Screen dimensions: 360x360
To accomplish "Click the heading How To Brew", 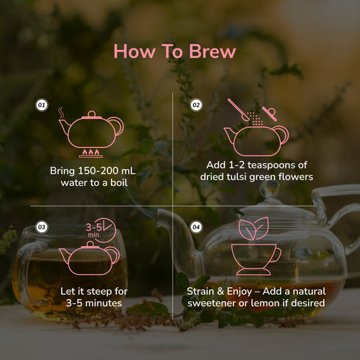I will tap(174, 51).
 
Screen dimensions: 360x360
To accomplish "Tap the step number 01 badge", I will tap(42, 106).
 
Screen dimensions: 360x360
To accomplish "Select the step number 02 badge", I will tap(196, 106).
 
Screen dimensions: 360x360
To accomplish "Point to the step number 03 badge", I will tap(42, 227).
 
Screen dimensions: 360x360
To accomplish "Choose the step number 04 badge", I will tap(196, 227).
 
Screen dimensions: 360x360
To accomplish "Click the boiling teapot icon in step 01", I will tap(91, 130).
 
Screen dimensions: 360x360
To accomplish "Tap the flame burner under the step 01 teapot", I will tap(91, 154).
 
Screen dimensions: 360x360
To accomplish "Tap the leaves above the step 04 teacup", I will tap(256, 229).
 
